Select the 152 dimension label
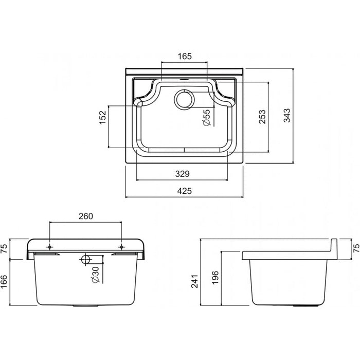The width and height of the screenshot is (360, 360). [102, 117]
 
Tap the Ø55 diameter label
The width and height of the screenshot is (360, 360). [206, 118]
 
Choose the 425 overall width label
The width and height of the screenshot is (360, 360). [185, 191]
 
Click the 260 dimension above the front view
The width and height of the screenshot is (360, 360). [85, 216]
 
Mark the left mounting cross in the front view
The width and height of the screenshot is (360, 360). [49, 246]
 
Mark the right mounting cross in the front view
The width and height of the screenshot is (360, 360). [122, 246]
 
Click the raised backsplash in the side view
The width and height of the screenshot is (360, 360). [333, 248]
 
